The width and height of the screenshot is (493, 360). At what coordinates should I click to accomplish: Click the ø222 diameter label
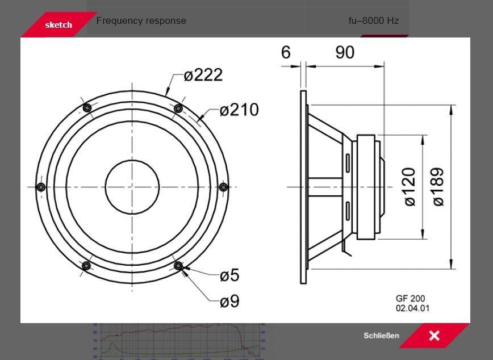coord(203,75)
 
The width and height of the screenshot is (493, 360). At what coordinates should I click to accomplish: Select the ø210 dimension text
coord(239,110)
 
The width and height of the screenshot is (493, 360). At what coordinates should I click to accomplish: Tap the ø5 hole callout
coord(229,275)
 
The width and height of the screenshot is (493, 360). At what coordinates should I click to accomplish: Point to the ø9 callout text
coord(229,301)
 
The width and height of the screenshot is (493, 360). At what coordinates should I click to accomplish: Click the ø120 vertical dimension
coord(409,187)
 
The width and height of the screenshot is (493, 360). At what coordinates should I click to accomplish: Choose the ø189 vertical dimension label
coord(438,187)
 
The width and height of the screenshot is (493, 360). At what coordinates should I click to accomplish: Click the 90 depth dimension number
coord(345,52)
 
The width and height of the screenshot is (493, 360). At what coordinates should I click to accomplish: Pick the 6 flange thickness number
coord(286,52)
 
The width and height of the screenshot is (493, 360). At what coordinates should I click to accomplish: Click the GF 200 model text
coord(410,299)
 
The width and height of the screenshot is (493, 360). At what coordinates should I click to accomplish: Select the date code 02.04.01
coord(413,308)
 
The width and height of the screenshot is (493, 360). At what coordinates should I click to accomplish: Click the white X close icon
coord(434,336)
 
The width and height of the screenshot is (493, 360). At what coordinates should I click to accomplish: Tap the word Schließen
coord(381,336)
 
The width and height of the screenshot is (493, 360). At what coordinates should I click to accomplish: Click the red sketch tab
coord(59,25)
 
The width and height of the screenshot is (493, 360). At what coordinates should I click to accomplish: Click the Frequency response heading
coord(141,20)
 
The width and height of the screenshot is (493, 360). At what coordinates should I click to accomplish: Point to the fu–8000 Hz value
coord(374,21)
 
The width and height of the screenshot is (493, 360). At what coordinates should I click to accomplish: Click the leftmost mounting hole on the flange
coord(40,187)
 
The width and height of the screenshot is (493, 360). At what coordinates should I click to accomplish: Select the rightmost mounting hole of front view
coord(223,187)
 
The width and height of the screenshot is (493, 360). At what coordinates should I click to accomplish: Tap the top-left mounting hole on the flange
coord(87,108)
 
